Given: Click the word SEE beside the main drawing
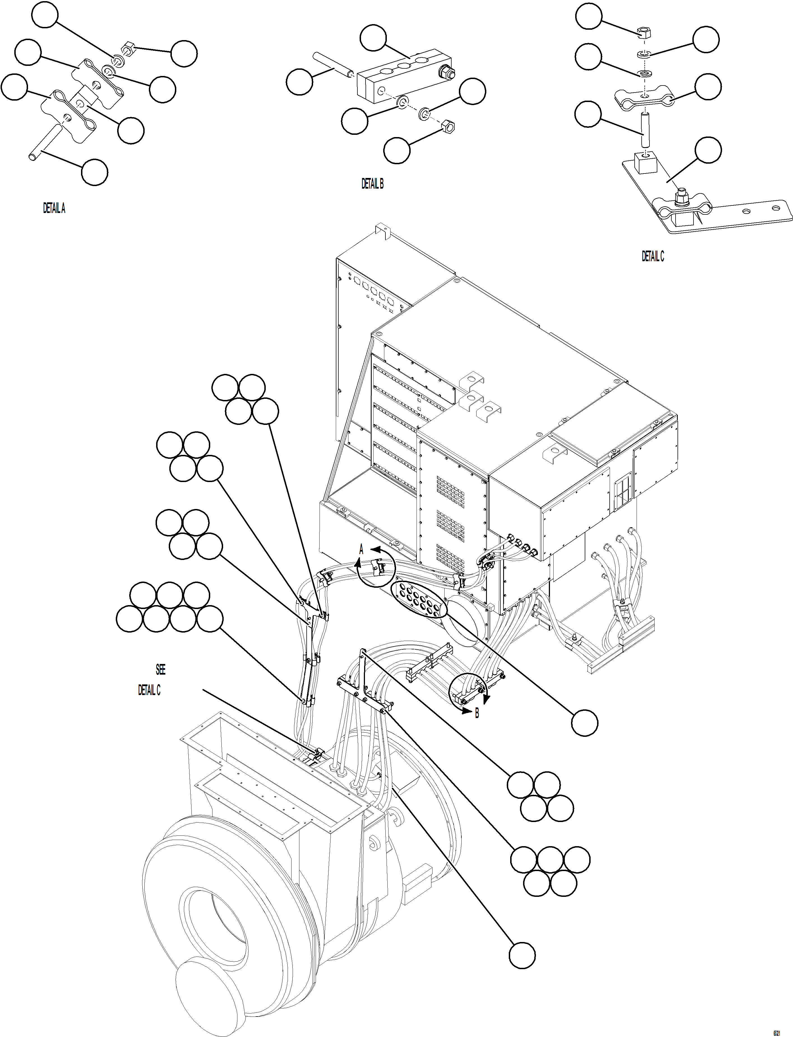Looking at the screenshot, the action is (x=161, y=669).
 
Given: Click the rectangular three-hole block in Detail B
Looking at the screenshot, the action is (x=401, y=75).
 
